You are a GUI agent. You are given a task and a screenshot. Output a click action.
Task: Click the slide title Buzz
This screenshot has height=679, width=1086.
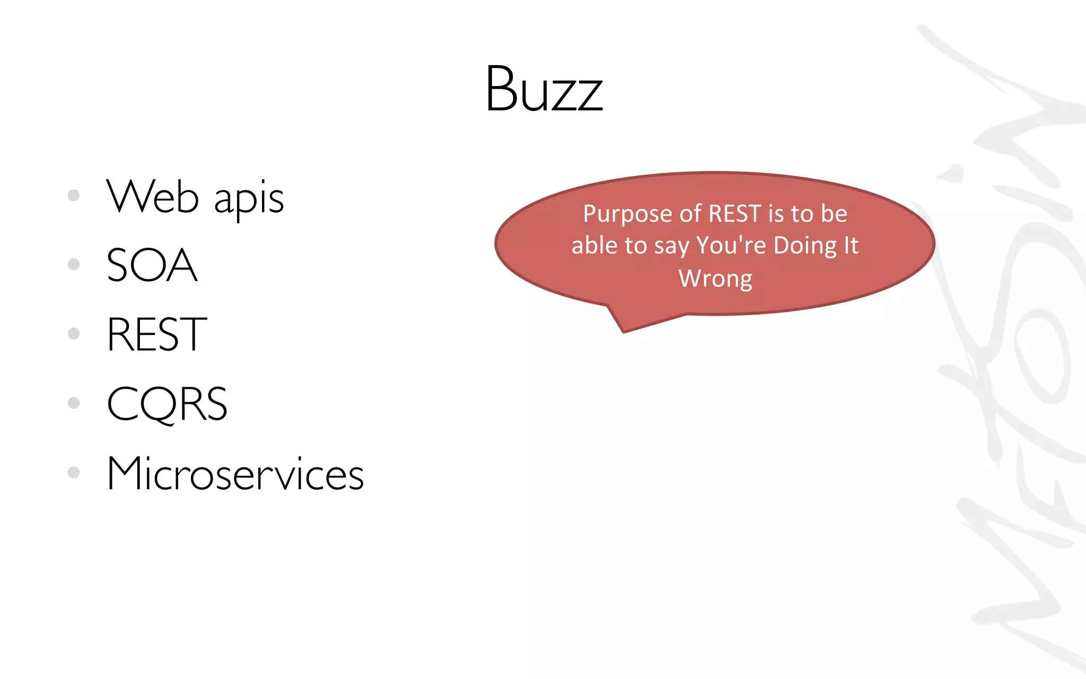pyautogui.click(x=544, y=89)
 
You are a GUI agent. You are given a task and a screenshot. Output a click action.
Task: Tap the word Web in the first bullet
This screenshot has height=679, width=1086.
pyautogui.click(x=153, y=197)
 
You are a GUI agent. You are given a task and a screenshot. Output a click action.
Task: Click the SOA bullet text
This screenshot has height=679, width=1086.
pyautogui.click(x=152, y=265)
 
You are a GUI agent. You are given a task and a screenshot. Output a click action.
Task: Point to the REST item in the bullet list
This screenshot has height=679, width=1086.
pyautogui.click(x=156, y=334)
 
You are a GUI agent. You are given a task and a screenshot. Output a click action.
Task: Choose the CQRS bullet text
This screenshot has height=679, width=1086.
pyautogui.click(x=167, y=404)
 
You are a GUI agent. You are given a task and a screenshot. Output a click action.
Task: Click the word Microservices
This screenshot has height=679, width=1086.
pyautogui.click(x=235, y=473)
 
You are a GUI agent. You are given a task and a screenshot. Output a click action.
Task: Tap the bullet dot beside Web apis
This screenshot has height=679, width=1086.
pyautogui.click(x=74, y=195)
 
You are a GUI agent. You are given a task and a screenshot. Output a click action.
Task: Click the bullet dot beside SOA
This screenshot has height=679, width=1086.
pyautogui.click(x=74, y=264)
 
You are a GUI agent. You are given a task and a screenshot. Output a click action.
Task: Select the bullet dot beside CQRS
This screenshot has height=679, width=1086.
pyautogui.click(x=74, y=403)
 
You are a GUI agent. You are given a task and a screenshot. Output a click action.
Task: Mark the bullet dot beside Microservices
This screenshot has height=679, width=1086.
pyautogui.click(x=74, y=472)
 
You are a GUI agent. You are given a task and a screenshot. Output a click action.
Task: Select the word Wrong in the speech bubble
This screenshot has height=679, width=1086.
pyautogui.click(x=715, y=278)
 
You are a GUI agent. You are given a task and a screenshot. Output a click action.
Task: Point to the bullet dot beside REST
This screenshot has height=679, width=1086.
pyautogui.click(x=74, y=334)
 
